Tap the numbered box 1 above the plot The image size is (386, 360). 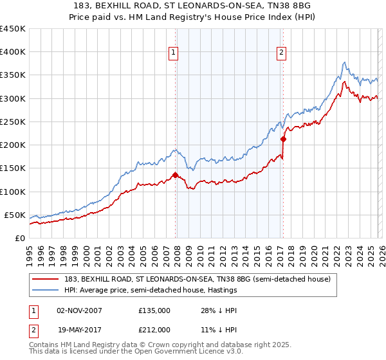[x=174, y=53]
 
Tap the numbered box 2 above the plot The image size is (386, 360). [x=282, y=53]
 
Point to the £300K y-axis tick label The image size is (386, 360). [x=12, y=98]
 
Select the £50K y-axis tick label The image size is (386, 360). [x=15, y=215]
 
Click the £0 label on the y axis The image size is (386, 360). [x=20, y=238]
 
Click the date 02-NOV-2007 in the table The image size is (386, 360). [x=79, y=310]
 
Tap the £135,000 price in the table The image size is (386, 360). [x=154, y=310]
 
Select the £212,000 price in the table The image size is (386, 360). [x=154, y=330]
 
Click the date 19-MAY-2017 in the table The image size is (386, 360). [x=79, y=330]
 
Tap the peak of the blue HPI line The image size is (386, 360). [x=344, y=62]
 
